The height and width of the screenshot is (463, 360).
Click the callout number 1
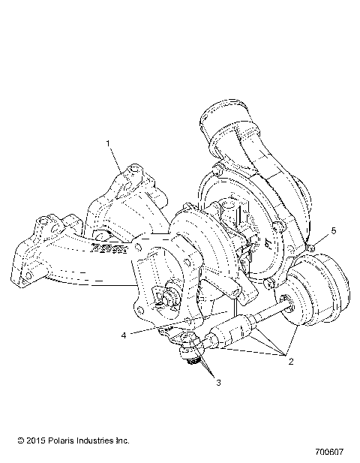click(109, 142)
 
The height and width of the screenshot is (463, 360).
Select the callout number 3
click(218, 383)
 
